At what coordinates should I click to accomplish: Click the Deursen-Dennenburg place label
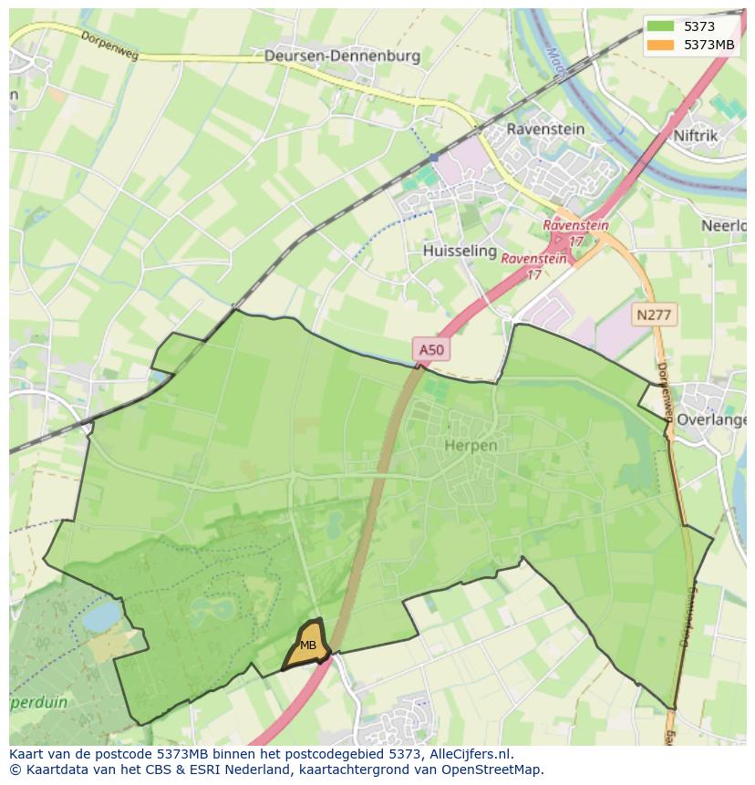coord(342,56)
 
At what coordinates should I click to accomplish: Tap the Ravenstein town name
coord(545,129)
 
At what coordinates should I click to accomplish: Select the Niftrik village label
coord(697,135)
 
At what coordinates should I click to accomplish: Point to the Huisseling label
coord(460,250)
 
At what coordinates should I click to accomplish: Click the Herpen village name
coord(471,445)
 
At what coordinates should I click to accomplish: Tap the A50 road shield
coord(431,348)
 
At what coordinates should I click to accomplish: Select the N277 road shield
coord(653,315)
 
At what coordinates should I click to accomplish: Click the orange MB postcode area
coord(308,644)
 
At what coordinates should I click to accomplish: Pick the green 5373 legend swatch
coord(660,26)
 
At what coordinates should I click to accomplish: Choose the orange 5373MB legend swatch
coord(660,45)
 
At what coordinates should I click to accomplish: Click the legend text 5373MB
coord(709,45)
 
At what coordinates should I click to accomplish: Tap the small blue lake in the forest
coord(100,617)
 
